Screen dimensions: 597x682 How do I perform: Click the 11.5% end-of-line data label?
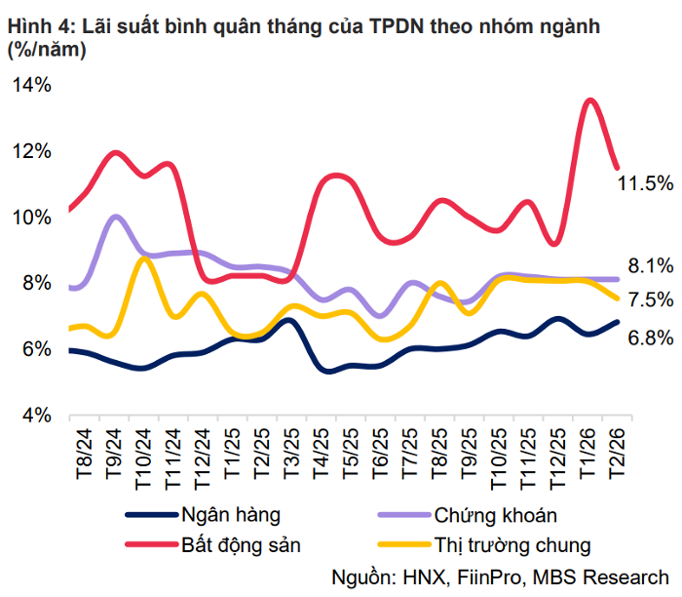(645, 183)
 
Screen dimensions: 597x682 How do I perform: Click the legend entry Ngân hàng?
(225, 515)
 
